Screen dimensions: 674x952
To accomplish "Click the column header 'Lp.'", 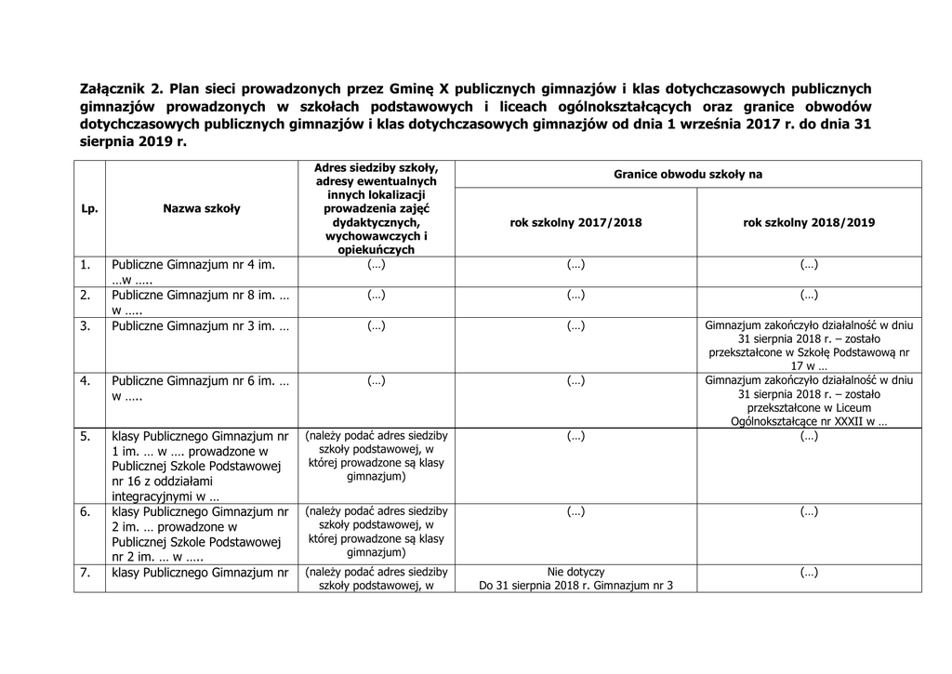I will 89,208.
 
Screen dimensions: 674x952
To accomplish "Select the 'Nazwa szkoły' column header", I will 201,208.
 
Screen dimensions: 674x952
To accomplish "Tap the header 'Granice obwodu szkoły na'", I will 688,174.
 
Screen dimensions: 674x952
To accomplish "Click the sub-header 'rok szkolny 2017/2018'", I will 575,223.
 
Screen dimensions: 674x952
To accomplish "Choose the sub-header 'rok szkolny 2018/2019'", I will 808,223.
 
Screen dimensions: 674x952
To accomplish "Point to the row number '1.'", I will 85,265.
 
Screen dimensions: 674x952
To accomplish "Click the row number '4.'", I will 85,381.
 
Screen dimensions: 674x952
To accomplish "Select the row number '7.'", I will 85,573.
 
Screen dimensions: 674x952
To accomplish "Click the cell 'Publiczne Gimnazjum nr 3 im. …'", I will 200,326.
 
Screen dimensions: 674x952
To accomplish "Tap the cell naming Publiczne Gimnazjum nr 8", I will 200,302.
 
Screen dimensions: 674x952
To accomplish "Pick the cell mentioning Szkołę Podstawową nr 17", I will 808,346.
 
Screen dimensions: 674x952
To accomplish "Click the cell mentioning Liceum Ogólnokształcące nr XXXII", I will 808,401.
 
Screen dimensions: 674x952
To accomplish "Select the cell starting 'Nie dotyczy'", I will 575,579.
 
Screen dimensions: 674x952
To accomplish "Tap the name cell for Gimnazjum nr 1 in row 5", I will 200,466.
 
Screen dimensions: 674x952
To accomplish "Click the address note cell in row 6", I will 376,532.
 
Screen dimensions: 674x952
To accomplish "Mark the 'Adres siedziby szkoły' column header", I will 376,208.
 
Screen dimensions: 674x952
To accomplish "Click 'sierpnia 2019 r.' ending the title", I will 133,142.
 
